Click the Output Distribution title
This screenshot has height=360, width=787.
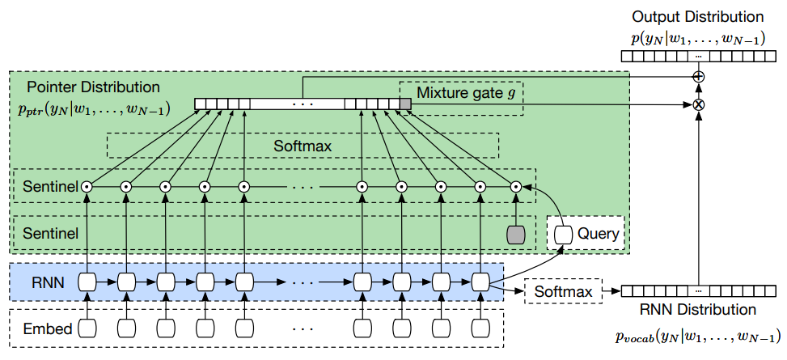697,16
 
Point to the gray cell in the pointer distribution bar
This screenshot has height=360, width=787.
406,104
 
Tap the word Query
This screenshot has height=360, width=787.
598,235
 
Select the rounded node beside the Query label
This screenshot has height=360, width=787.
564,235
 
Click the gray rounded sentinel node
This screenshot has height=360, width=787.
515,234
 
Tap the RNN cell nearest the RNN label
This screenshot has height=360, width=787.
87,282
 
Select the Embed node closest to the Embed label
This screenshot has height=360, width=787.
87,328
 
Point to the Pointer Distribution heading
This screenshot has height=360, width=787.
93,87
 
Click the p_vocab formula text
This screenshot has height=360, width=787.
696,337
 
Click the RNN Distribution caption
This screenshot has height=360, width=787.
696,310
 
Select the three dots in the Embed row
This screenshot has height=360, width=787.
302,328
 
